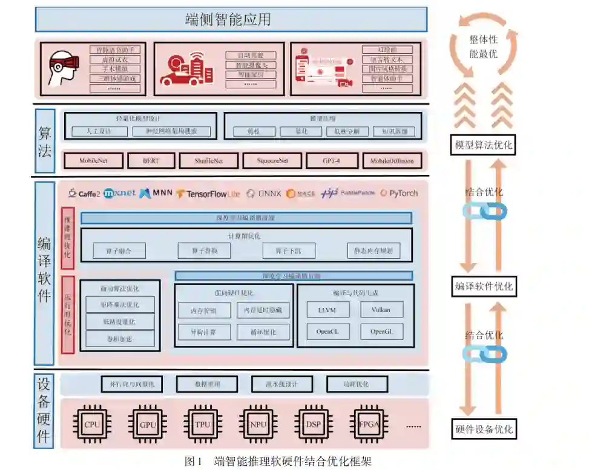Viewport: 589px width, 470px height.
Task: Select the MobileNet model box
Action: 93,161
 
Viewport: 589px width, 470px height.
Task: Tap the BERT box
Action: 150,161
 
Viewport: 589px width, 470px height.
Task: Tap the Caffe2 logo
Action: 84,194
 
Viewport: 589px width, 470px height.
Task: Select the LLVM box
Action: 326,310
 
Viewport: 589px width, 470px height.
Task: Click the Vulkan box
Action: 381,310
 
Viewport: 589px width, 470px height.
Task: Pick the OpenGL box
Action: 381,331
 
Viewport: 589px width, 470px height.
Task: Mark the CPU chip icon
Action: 92,425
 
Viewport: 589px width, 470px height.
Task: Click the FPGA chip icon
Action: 369,425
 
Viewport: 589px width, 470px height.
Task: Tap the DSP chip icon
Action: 314,425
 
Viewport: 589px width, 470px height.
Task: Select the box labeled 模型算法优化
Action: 484,145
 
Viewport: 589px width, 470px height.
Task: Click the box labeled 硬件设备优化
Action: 484,429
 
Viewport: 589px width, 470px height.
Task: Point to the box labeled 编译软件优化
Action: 484,287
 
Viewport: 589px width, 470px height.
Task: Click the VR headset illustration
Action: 62,68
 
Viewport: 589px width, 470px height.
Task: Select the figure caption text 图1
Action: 193,462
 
